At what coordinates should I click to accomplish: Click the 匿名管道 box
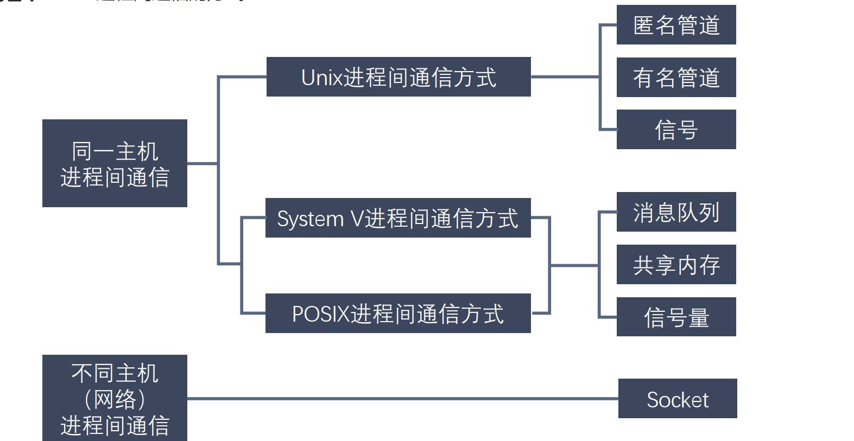[676, 25]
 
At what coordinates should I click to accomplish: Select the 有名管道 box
[676, 77]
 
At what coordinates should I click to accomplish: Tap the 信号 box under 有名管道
[676, 129]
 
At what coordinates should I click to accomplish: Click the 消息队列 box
[676, 212]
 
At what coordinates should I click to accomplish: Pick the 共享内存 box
[676, 264]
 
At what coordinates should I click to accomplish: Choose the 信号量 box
[676, 317]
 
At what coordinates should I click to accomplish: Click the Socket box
[677, 399]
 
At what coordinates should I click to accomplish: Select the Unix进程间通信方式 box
[398, 77]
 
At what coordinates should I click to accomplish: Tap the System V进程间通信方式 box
[398, 218]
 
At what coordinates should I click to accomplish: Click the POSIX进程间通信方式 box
[398, 314]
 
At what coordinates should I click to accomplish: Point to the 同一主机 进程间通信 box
[115, 163]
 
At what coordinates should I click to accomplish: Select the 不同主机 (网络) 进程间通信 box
[115, 398]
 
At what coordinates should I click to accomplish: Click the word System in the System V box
[310, 219]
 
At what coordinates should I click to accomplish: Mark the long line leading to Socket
[402, 399]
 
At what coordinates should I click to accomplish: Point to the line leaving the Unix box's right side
[565, 77]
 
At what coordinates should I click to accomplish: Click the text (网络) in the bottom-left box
[115, 400]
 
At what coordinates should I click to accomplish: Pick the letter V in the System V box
[357, 219]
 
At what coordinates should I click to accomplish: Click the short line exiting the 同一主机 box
[202, 163]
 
